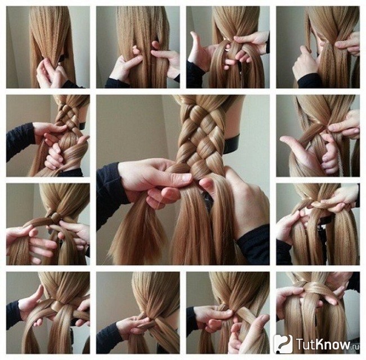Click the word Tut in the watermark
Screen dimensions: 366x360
pyautogui.click(x=305, y=344)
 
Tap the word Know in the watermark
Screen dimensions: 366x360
pyautogui.click(x=332, y=344)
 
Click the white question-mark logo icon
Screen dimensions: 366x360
pyautogui.click(x=283, y=344)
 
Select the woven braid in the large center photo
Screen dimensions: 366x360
pyautogui.click(x=201, y=138)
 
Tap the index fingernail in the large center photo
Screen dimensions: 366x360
pyautogui.click(x=186, y=178)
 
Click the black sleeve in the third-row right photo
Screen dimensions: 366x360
pyautogui.click(x=284, y=253)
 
